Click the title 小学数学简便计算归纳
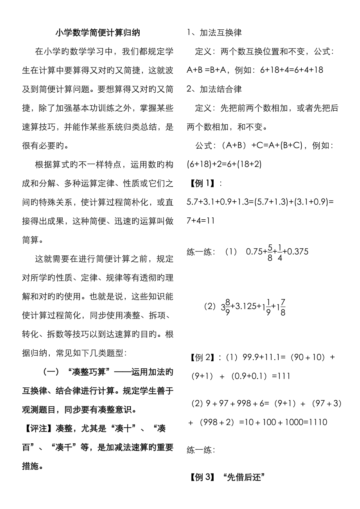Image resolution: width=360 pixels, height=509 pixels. click(97, 33)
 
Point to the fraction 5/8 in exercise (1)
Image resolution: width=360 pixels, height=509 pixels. click(270, 252)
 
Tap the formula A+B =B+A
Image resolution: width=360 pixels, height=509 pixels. click(208, 70)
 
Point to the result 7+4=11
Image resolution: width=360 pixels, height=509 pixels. click(200, 220)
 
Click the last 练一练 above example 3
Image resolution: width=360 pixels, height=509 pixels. click(200, 450)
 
